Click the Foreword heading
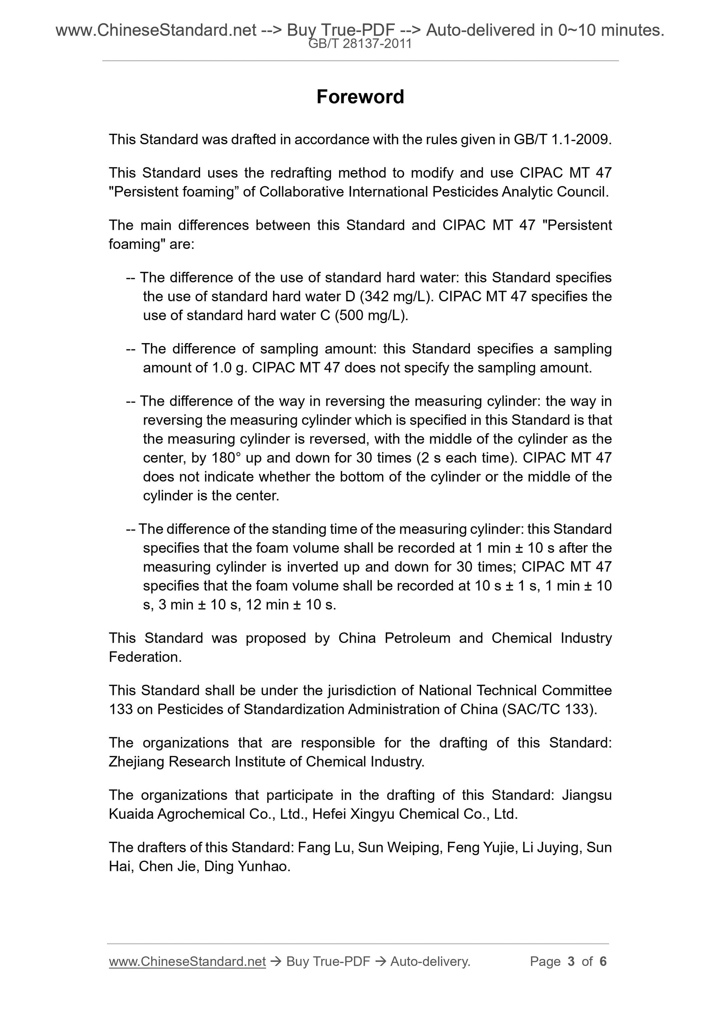tap(360, 97)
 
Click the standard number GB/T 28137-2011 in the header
tap(360, 44)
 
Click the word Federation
tap(145, 657)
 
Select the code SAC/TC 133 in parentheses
tap(549, 710)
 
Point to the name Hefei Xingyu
tap(353, 814)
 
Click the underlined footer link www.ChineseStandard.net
tap(187, 961)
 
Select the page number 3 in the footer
tap(571, 961)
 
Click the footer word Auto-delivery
tap(430, 961)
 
